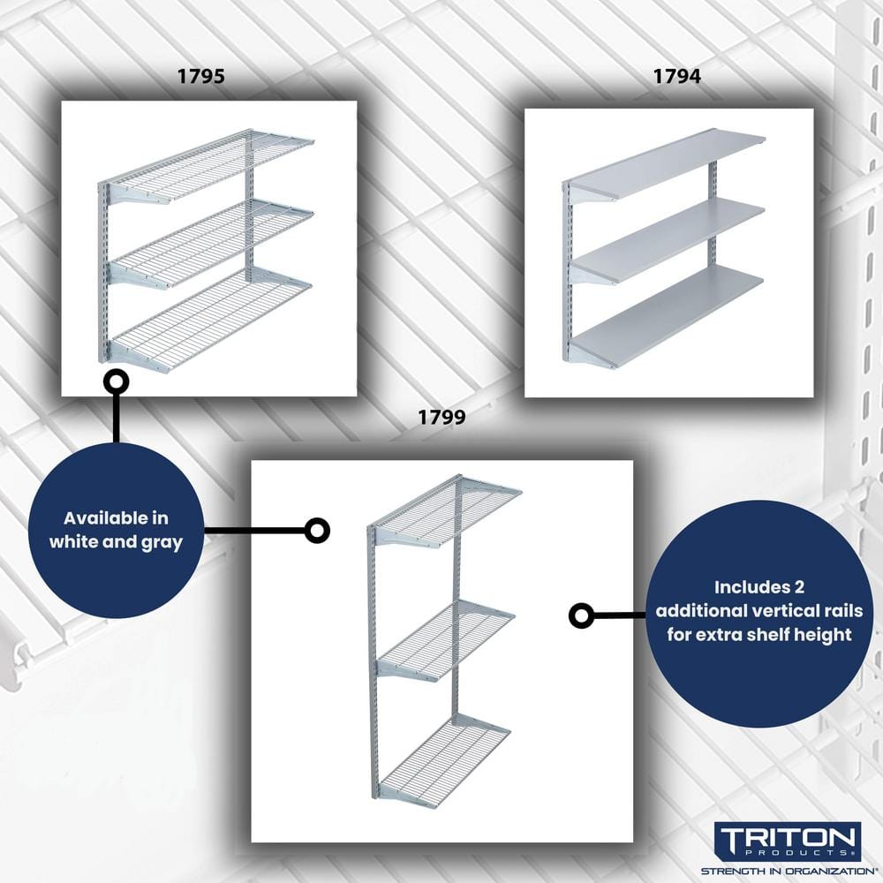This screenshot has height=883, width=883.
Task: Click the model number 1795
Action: [x=200, y=77]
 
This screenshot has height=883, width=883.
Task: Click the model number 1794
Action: [x=676, y=77]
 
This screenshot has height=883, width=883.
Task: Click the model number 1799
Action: [x=441, y=419]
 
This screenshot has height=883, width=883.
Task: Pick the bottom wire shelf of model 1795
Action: [x=212, y=318]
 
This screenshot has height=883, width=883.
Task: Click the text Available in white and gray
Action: [x=116, y=530]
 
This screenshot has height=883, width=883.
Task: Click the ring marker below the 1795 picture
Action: [x=116, y=381]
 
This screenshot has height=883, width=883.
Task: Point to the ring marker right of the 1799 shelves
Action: [x=580, y=615]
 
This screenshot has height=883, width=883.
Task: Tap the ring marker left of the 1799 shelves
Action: [x=317, y=531]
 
